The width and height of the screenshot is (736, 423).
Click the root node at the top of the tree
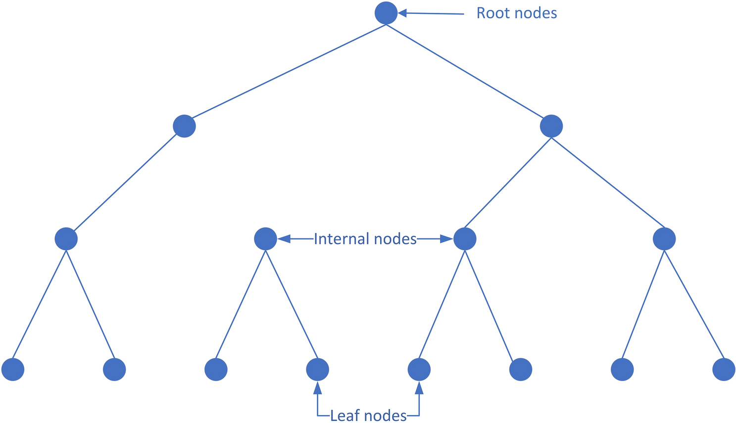pos(386,13)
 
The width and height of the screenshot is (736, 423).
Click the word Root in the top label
pos(491,13)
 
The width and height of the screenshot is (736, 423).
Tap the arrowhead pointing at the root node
pos(402,13)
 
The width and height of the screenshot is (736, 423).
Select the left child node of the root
pos(184,126)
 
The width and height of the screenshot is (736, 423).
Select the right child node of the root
pos(551,126)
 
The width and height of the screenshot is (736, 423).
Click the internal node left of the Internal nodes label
pos(265,239)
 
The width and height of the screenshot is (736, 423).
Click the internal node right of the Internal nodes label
pos(464,239)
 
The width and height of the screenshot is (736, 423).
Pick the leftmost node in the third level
pos(66,239)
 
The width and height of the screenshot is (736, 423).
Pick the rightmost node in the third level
pos(664,239)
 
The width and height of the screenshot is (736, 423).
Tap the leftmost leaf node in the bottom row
pos(13,370)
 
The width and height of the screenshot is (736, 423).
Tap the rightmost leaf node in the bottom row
pos(724,370)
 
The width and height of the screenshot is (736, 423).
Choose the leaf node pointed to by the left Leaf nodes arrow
pos(317,370)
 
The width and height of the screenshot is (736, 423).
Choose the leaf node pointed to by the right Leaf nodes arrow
pos(419,370)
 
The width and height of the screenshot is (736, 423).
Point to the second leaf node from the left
pos(114,370)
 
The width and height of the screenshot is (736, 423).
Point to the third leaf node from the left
pos(216,370)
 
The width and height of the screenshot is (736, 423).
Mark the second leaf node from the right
pos(622,370)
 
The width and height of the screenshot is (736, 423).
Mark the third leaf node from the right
pos(521,370)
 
